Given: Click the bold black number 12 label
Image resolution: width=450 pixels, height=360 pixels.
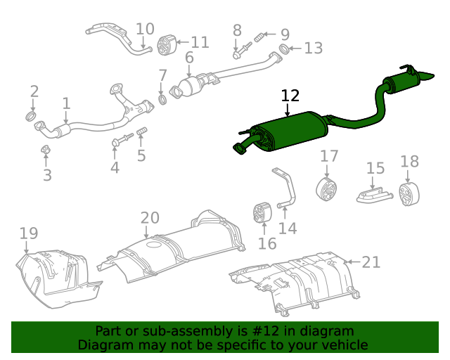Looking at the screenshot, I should click(x=290, y=96).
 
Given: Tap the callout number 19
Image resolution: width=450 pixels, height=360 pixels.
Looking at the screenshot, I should click(x=28, y=233).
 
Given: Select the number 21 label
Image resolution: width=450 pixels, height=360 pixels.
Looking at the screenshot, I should click(x=371, y=262).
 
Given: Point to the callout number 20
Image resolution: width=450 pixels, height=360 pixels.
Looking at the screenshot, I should click(x=150, y=218).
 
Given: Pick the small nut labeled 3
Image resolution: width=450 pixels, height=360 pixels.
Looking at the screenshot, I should click(x=44, y=150).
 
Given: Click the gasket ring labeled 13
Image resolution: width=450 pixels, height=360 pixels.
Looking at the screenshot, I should click(x=284, y=49).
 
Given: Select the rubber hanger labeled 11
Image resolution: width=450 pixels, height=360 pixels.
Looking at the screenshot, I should click(x=166, y=44).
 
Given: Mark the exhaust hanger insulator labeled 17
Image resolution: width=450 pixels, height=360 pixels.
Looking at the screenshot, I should click(x=327, y=188).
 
